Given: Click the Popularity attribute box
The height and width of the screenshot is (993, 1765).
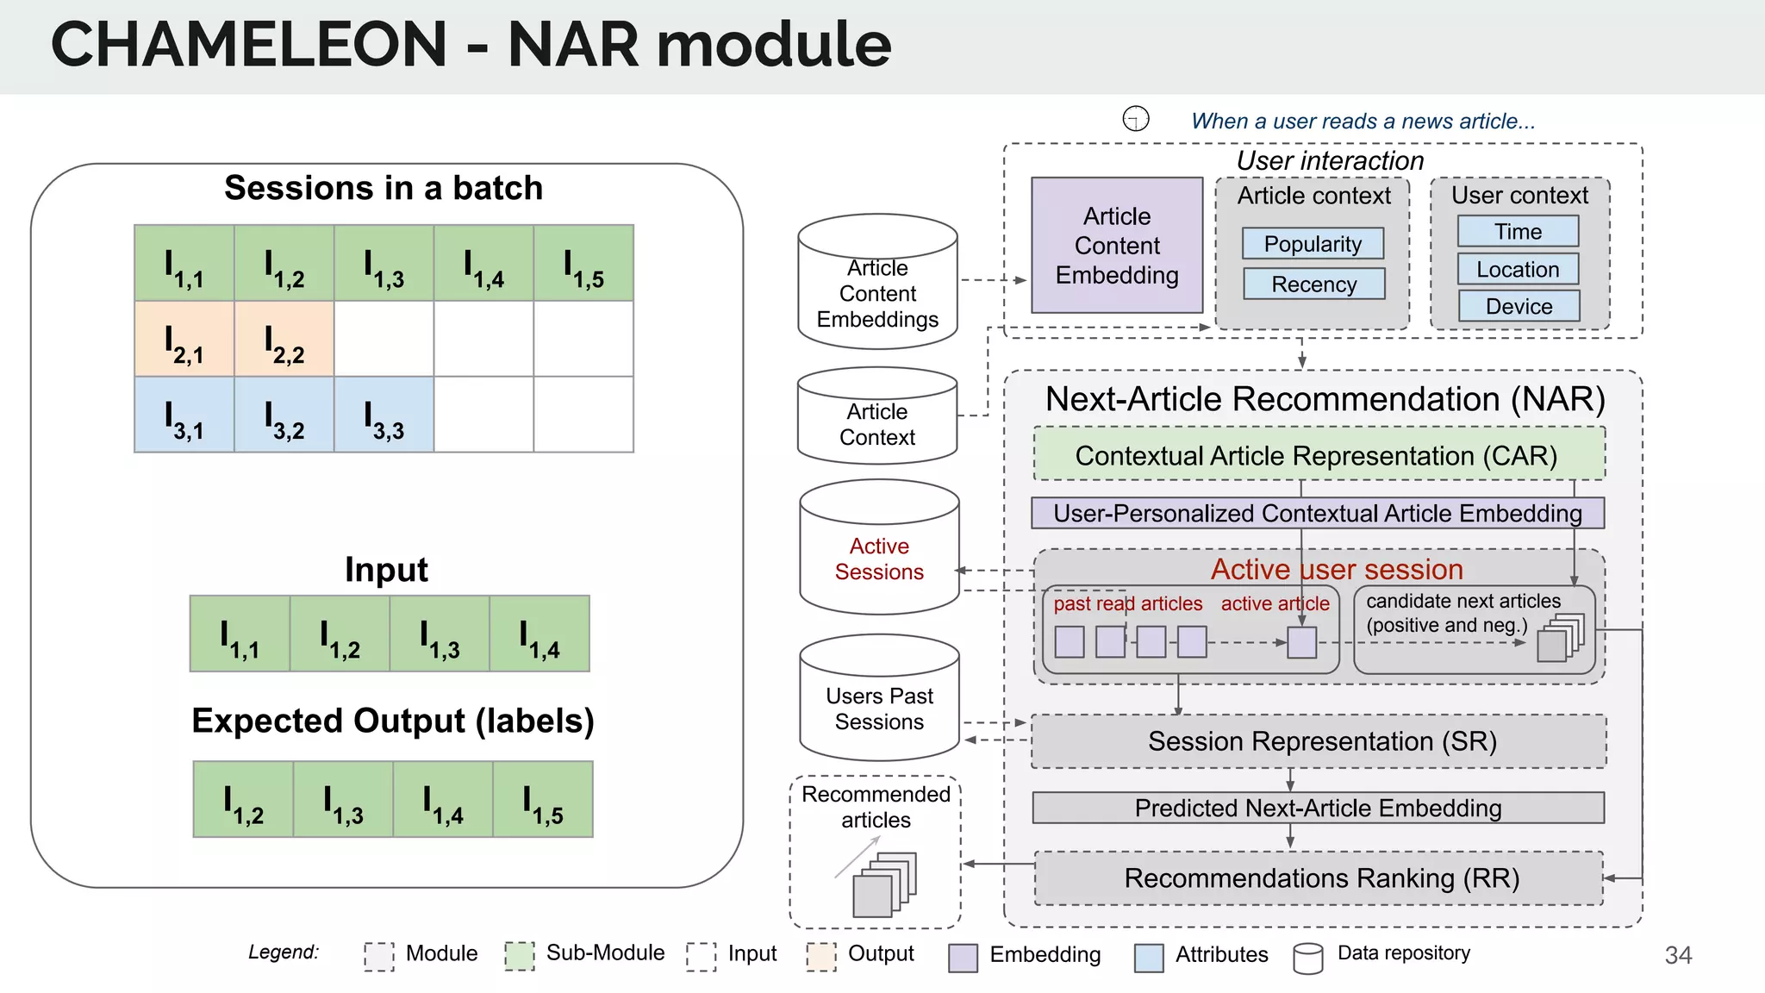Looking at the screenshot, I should [1313, 244].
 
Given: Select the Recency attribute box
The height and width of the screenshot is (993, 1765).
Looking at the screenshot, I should [1313, 284].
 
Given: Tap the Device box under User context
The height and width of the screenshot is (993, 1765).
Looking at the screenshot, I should [1519, 306].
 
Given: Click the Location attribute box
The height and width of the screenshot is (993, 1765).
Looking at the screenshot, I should [1518, 269].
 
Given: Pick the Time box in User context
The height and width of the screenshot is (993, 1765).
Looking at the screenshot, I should [1518, 231].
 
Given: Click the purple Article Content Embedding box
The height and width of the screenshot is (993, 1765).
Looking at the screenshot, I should [1117, 246].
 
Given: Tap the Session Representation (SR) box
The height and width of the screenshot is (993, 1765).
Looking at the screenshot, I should [1319, 741].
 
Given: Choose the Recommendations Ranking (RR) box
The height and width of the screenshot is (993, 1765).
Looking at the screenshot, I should [1319, 878].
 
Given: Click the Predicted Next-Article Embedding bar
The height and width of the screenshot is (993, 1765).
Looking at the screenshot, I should [1318, 808].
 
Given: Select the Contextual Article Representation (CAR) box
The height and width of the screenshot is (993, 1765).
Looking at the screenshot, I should [1318, 454].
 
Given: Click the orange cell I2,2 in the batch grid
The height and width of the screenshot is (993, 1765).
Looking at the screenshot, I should [284, 339].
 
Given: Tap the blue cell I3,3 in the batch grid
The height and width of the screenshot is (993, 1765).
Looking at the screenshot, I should [384, 415].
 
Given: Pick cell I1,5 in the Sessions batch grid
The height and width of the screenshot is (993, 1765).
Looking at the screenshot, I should [583, 264].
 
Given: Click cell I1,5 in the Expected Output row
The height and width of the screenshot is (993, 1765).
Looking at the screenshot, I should [543, 799].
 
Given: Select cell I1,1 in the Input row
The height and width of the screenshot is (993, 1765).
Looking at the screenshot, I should [240, 634].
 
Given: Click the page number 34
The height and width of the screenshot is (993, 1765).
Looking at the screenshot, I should [1677, 955].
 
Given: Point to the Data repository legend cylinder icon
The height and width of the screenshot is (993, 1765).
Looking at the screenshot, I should [1307, 957].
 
